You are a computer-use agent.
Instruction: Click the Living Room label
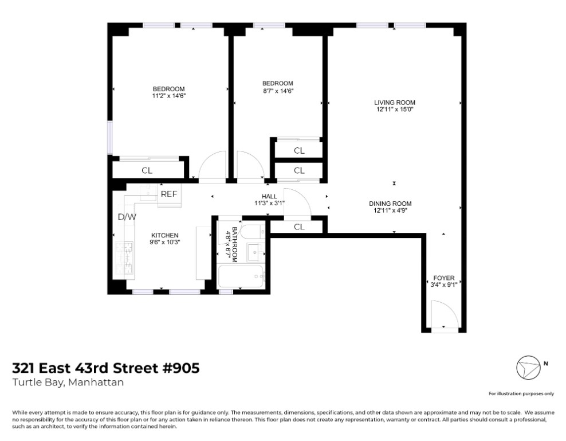(x=394, y=102)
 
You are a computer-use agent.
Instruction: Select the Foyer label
(x=443, y=278)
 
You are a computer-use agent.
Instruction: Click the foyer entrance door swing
(x=445, y=315)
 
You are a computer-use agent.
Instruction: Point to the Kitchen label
(x=165, y=235)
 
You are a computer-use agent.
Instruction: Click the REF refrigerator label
(x=169, y=194)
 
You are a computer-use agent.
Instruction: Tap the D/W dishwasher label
(x=127, y=217)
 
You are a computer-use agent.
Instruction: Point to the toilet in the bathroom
(x=251, y=231)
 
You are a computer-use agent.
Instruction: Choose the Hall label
(x=269, y=196)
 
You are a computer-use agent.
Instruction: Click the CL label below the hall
(x=298, y=227)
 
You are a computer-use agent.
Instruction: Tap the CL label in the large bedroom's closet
(x=147, y=170)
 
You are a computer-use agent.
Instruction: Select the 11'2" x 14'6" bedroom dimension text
(x=168, y=96)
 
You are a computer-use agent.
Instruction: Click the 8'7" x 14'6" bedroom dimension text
(x=278, y=91)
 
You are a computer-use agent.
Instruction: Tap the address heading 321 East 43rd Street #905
(x=106, y=368)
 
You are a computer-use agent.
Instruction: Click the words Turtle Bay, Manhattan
(x=68, y=382)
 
